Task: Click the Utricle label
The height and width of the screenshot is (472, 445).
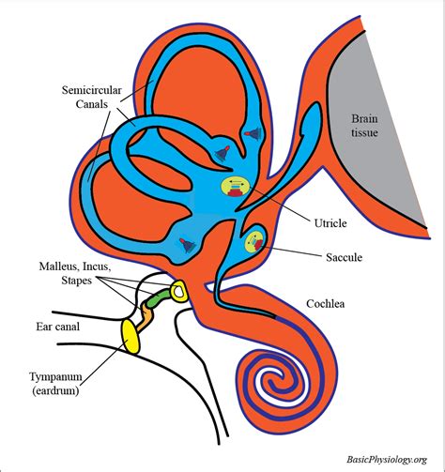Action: click(x=330, y=223)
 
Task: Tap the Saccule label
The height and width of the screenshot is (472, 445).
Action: click(x=344, y=257)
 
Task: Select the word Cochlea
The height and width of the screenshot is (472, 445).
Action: click(x=326, y=304)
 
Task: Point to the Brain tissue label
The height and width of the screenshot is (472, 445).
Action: click(x=364, y=126)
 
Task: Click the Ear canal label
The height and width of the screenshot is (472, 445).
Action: click(x=58, y=327)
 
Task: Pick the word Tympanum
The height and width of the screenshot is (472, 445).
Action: click(x=55, y=376)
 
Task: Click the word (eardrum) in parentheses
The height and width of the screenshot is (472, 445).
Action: click(x=55, y=390)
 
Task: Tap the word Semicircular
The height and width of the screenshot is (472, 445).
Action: click(x=92, y=90)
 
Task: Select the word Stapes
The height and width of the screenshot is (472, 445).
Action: click(x=77, y=281)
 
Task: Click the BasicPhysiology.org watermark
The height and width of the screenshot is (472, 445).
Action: click(x=387, y=460)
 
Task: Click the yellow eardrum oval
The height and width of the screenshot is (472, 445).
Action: click(x=130, y=337)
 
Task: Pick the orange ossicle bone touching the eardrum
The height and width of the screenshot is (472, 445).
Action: click(x=145, y=317)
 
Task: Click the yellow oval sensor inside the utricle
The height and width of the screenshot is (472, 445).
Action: click(x=235, y=188)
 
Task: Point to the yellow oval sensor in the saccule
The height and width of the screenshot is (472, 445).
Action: click(x=254, y=241)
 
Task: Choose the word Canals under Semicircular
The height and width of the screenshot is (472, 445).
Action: click(x=92, y=104)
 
